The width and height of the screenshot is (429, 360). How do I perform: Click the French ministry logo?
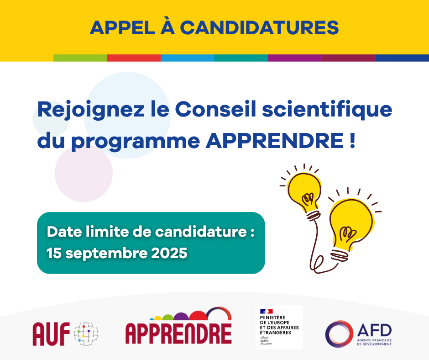click(279, 327)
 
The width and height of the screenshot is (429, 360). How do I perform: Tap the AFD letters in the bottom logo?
click(375, 330)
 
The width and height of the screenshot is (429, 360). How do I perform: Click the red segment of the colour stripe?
click(134, 58)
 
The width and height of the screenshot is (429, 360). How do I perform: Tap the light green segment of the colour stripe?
click(80, 58)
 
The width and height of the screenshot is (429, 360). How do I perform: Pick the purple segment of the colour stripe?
click(294, 58)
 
